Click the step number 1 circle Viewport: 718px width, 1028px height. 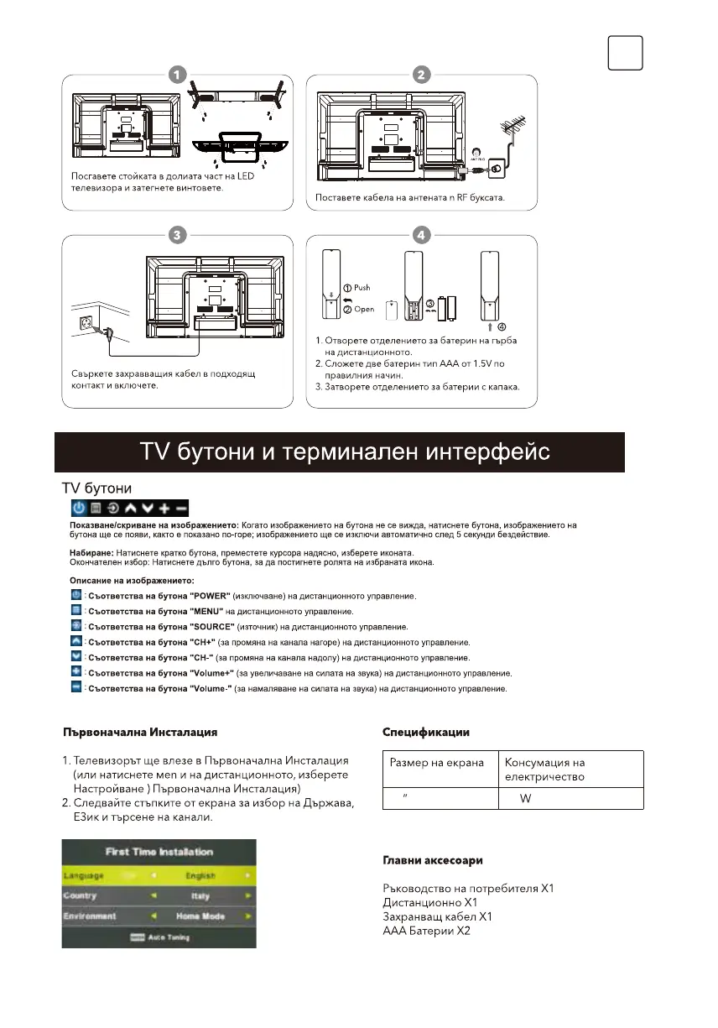pos(175,74)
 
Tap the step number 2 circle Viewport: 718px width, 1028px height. pos(420,74)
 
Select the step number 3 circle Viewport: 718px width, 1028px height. pos(175,235)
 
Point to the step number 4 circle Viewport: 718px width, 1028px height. pos(420,235)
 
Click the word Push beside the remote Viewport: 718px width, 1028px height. pos(362,288)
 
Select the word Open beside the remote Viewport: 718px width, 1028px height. pos(364,309)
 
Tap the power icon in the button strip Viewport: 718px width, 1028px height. pos(78,508)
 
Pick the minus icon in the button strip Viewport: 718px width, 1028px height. pos(181,508)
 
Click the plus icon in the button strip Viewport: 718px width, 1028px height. pos(164,508)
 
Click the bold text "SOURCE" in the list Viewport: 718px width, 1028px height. pos(215,626)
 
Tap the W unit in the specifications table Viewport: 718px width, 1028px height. pos(525,798)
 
